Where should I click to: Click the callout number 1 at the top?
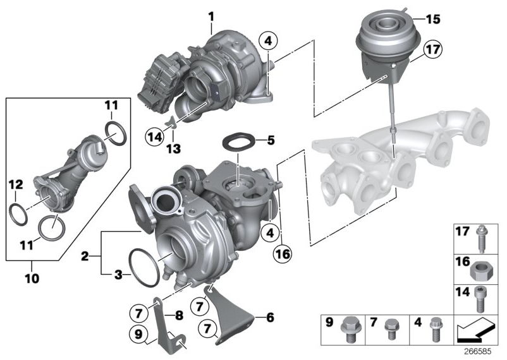tap(212, 15)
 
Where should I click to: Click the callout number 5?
tap(271, 140)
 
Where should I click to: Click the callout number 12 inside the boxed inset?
tap(15, 184)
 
